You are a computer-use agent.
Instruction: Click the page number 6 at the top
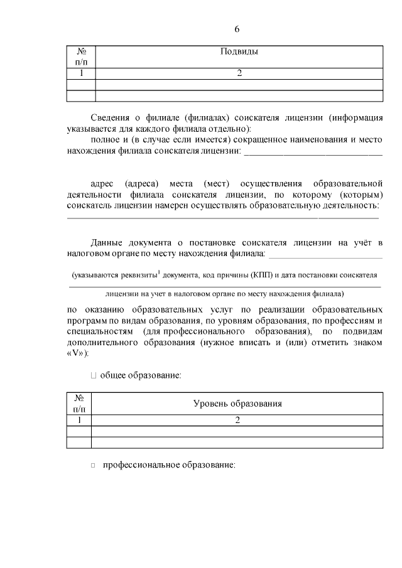point(237,29)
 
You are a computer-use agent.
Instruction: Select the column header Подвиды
point(239,51)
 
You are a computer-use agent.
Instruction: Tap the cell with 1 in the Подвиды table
point(80,73)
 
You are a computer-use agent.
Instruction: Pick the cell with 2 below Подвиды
point(239,73)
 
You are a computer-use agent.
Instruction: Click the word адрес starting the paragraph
point(102,183)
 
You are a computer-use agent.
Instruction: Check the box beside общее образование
point(94,375)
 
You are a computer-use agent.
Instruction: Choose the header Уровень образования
point(237,404)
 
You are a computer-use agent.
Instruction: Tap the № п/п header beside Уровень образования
point(79,404)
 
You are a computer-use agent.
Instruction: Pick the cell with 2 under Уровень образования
point(237,420)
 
